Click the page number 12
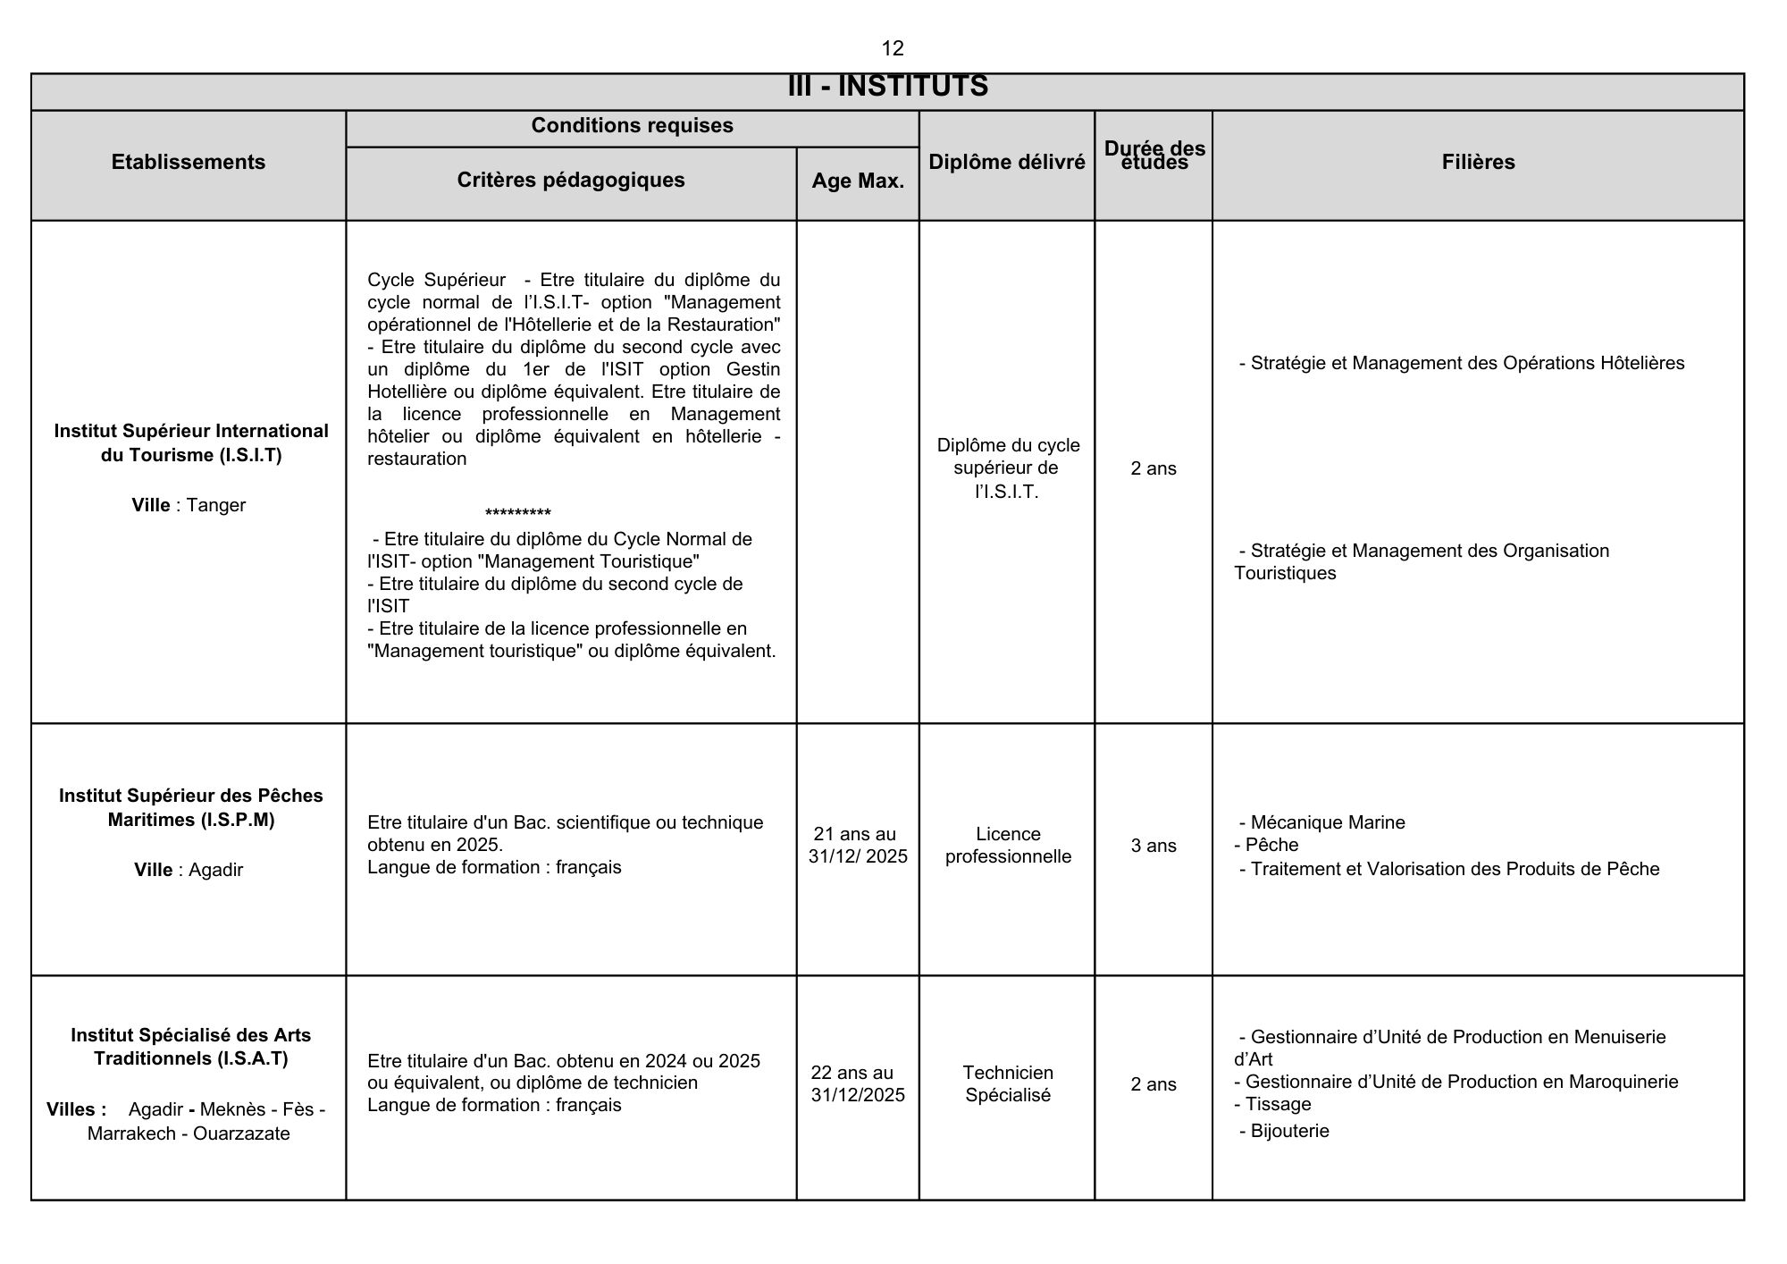point(892,48)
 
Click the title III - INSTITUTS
point(887,87)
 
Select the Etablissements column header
point(189,162)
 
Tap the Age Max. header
point(858,181)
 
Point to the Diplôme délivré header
point(1007,162)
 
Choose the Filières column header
point(1478,162)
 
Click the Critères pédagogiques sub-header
point(571,180)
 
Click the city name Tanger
point(216,505)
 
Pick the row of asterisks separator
point(517,513)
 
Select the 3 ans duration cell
point(1154,846)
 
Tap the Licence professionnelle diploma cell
point(1008,846)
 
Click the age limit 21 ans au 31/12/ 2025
point(857,846)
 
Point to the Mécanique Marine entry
point(1327,822)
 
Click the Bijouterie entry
point(1289,1131)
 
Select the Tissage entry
point(1278,1104)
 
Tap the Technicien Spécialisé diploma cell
point(1008,1083)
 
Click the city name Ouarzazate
point(241,1133)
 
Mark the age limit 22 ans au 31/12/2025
point(857,1083)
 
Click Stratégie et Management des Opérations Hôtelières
point(1466,363)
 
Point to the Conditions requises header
point(632,126)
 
